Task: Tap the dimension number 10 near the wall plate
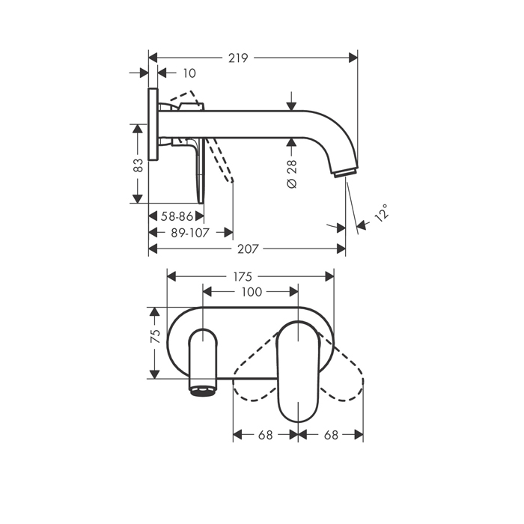[189, 73]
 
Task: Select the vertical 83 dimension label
[138, 164]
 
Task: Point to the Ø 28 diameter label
[293, 173]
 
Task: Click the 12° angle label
[382, 213]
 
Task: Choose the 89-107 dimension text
[189, 232]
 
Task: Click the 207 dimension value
[246, 249]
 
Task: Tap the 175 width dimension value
[242, 276]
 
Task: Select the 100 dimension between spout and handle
[252, 292]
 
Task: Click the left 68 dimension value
[266, 434]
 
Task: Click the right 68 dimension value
[331, 434]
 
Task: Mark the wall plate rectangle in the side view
[153, 124]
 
